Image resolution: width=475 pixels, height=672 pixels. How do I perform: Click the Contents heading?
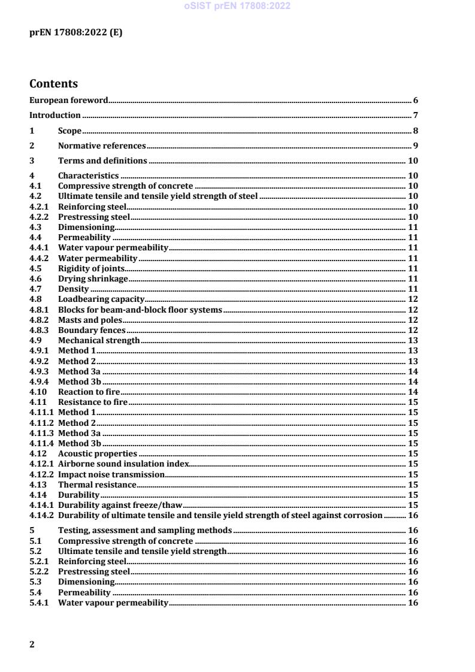(x=54, y=84)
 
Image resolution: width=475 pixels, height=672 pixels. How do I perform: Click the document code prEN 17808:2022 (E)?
(x=76, y=33)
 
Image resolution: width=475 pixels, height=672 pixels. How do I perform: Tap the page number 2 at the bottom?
(x=32, y=644)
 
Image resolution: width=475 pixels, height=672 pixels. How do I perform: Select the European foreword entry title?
(x=69, y=100)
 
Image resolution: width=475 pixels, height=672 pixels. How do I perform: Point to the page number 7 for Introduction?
(x=415, y=115)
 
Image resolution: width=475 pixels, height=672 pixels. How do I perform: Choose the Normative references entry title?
(x=102, y=146)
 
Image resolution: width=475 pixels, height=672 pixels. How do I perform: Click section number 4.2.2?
(x=39, y=217)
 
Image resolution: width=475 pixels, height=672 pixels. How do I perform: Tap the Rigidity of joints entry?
(x=91, y=268)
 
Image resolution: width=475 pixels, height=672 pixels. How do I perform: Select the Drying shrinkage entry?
(x=93, y=279)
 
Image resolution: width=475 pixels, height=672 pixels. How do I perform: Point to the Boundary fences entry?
(x=92, y=330)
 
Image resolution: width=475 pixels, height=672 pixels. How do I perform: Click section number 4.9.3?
(x=39, y=371)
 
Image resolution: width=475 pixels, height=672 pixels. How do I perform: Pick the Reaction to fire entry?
(x=85, y=392)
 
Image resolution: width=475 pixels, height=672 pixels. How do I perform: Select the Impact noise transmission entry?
(x=111, y=474)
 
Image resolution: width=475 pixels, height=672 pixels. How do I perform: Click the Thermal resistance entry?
(x=97, y=484)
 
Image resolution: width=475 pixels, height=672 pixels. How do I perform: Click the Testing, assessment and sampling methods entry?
(x=145, y=530)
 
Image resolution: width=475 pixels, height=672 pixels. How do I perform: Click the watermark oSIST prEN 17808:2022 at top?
(x=237, y=7)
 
